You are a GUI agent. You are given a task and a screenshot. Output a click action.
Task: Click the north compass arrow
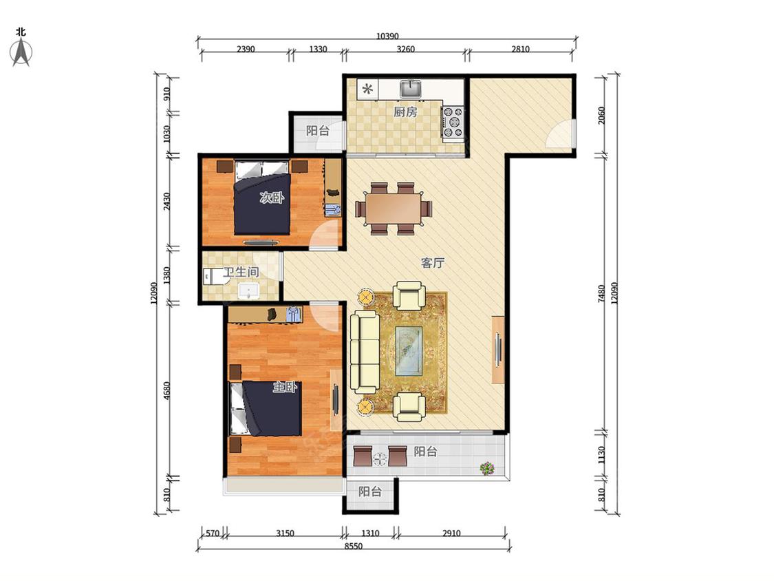(21, 52)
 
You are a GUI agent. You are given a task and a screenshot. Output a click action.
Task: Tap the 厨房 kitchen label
(405, 112)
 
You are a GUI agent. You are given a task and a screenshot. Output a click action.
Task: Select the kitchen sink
(410, 89)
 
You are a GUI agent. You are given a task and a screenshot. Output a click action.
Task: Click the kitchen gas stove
(453, 122)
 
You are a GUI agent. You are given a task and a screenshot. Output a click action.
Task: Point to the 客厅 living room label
(433, 263)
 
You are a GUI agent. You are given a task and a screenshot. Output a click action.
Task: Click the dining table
(394, 208)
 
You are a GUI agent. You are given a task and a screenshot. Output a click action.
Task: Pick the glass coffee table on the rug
(409, 351)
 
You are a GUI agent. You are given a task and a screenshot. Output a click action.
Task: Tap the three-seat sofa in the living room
(364, 352)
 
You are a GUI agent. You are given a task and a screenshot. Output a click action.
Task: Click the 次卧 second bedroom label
(272, 198)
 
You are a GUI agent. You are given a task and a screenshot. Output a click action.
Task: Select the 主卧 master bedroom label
(286, 388)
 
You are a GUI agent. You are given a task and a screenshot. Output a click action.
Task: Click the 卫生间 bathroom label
(241, 272)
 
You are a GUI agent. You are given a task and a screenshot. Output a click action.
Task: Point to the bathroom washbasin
(248, 291)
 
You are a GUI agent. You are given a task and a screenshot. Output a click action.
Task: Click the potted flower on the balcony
(487, 468)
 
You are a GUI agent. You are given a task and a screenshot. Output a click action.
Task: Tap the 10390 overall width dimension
(387, 36)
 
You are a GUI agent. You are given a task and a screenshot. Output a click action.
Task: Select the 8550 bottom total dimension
(354, 546)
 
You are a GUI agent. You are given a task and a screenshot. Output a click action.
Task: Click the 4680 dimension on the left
(166, 391)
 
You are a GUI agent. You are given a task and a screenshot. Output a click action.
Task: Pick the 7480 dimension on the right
(601, 293)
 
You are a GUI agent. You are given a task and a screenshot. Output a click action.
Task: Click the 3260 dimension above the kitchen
(406, 49)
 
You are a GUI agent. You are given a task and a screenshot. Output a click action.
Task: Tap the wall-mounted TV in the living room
(498, 350)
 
